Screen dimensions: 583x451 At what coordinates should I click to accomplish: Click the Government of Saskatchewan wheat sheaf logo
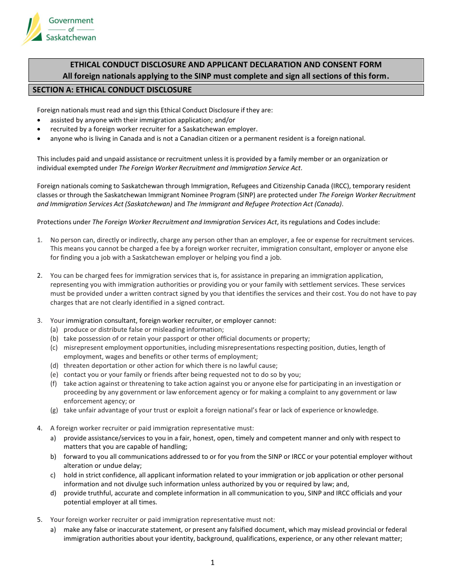tap(33, 28)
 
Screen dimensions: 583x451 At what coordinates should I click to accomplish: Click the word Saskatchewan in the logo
tap(71, 37)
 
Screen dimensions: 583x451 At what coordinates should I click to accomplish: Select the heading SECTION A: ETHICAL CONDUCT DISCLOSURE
tap(112, 90)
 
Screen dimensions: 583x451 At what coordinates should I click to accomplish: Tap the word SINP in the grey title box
tap(203, 76)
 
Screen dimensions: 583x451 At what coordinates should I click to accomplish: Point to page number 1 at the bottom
tap(213, 563)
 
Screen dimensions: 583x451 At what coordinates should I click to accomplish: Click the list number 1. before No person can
tap(40, 240)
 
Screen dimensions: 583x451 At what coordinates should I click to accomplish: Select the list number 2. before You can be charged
tap(40, 275)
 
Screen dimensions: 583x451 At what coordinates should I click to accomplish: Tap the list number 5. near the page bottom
tap(40, 520)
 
